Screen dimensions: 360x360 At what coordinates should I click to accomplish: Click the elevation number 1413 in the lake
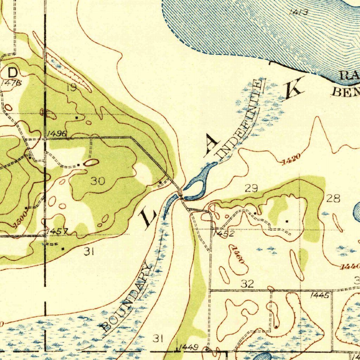pyautogui.click(x=298, y=13)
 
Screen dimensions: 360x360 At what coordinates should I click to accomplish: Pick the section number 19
pyautogui.click(x=72, y=88)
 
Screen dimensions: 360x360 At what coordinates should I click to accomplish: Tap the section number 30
pyautogui.click(x=98, y=181)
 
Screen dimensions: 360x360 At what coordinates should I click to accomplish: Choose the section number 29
pyautogui.click(x=251, y=188)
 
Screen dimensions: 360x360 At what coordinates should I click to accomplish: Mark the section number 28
pyautogui.click(x=333, y=199)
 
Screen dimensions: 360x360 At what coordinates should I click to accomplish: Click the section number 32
pyautogui.click(x=247, y=284)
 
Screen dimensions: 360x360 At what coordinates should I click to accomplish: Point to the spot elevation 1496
pyautogui.click(x=56, y=134)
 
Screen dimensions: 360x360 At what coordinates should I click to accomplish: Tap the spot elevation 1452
pyautogui.click(x=223, y=233)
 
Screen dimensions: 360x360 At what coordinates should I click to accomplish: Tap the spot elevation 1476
pyautogui.click(x=11, y=83)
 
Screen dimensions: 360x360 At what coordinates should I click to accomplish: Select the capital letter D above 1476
pyautogui.click(x=12, y=73)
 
